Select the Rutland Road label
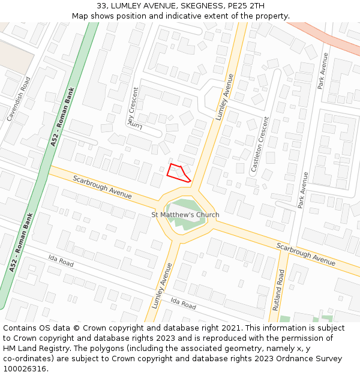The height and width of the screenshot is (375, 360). coord(280,290)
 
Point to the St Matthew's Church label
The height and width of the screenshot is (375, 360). coord(185,215)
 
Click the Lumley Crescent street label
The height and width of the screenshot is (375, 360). coord(133,104)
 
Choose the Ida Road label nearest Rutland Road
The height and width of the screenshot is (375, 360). coord(183,304)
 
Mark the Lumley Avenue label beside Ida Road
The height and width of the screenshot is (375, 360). coord(162,285)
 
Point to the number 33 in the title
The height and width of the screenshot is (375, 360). coord(101,6)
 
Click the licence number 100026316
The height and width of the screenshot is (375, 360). coord(25,369)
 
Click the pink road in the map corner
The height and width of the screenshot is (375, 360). coord(324,37)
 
